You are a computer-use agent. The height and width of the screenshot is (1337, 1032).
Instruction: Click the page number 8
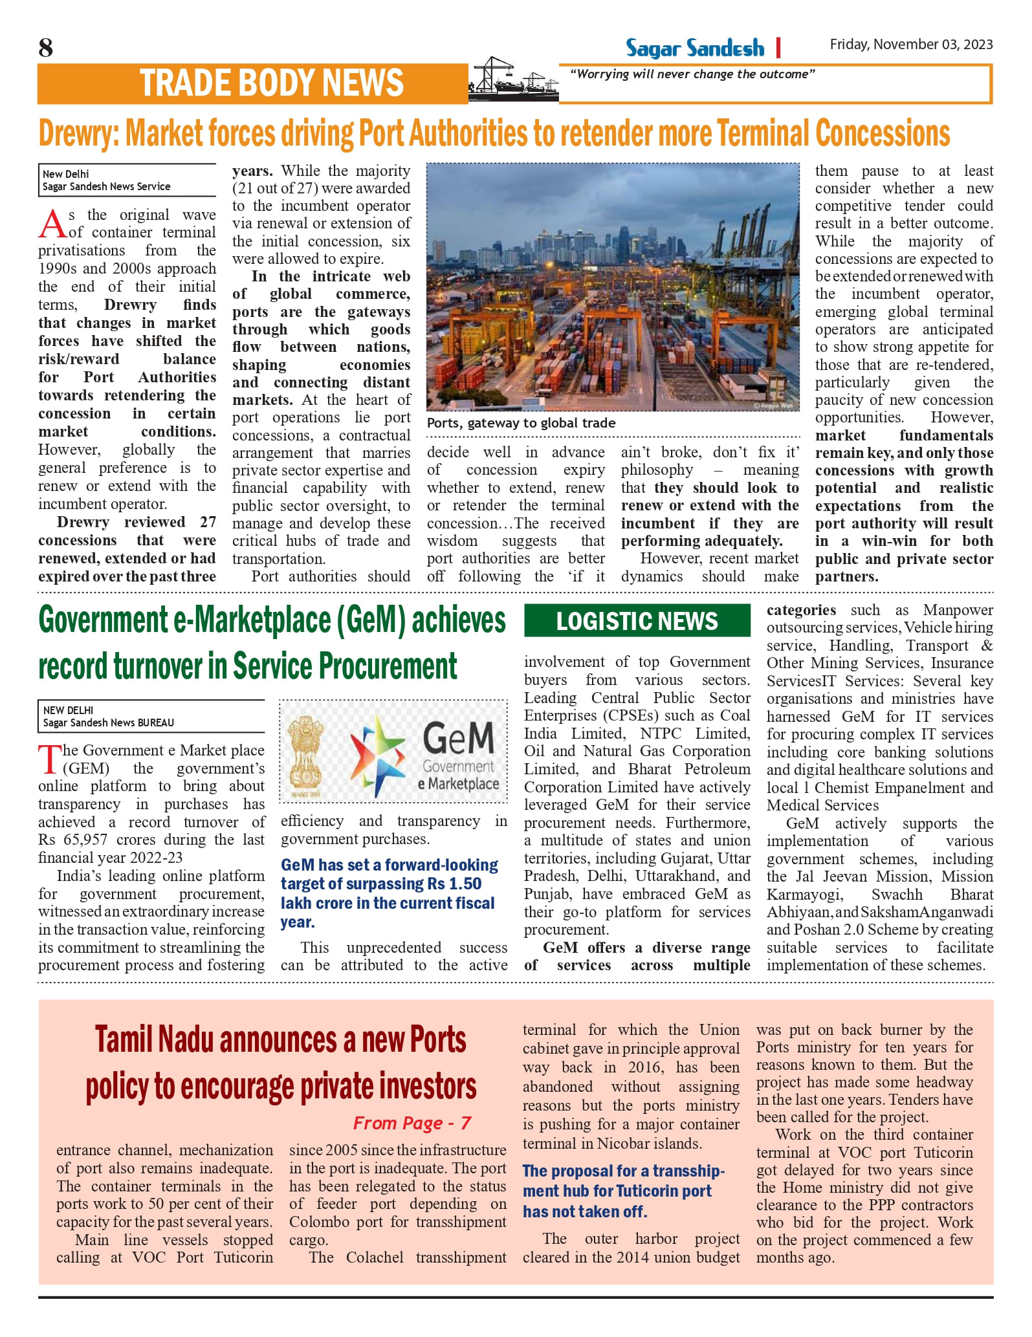(45, 48)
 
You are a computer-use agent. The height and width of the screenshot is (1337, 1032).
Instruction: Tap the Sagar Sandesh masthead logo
(694, 48)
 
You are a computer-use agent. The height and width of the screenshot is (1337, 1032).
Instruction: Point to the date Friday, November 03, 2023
(911, 44)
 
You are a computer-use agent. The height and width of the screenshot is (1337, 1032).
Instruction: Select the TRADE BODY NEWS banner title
(271, 83)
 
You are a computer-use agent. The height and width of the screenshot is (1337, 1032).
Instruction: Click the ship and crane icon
(512, 80)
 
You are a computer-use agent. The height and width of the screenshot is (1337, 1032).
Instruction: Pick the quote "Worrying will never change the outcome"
(692, 74)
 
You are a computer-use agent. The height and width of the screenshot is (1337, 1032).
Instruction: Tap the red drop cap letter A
(52, 224)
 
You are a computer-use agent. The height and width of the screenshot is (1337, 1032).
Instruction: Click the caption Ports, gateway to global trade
(521, 423)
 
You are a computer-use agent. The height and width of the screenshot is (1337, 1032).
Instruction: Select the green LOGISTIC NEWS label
(637, 621)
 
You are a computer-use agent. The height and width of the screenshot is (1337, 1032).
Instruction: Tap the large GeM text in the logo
(458, 737)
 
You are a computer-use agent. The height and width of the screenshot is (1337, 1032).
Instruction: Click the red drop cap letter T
(50, 759)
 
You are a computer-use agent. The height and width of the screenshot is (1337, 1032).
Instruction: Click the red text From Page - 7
(412, 1123)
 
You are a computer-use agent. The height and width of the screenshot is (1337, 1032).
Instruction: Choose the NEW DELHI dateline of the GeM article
(68, 710)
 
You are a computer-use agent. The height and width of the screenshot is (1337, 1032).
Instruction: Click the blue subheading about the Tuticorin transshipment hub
(623, 1191)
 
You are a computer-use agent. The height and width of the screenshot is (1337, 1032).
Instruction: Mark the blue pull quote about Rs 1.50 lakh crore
(389, 893)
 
